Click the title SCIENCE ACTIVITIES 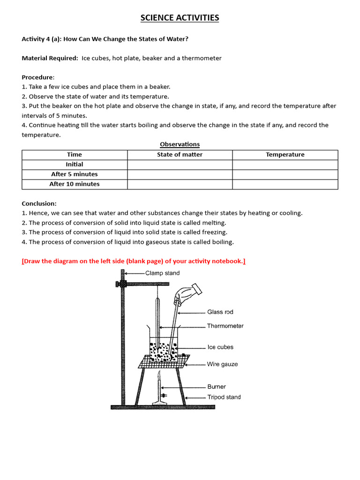(x=180, y=18)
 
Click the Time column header (x=75, y=155)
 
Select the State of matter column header (x=180, y=155)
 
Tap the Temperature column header (x=285, y=155)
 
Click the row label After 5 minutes (x=75, y=174)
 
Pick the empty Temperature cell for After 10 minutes (x=285, y=184)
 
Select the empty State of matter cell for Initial (x=180, y=165)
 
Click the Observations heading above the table (x=180, y=144)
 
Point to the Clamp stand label (x=162, y=273)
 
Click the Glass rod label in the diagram (x=220, y=312)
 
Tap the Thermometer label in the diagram (x=225, y=326)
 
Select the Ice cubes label (x=220, y=347)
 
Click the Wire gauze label (x=222, y=364)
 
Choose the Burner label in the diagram (x=217, y=387)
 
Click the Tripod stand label (x=224, y=397)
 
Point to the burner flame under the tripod (x=160, y=376)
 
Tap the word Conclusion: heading (x=39, y=203)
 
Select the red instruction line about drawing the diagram (x=134, y=261)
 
